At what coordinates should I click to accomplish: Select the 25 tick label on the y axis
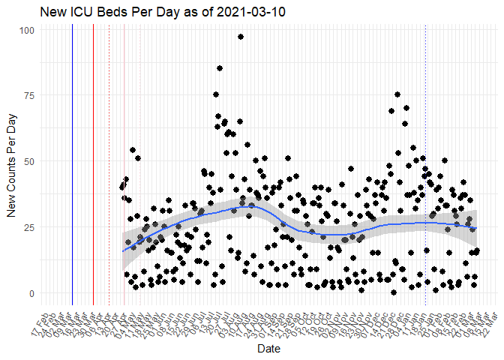pos(28,227)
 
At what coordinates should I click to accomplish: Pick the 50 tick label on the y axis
pos(28,161)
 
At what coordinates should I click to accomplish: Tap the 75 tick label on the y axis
pos(28,95)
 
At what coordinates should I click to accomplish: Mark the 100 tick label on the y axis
pos(26,30)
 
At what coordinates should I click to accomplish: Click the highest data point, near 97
pos(241,37)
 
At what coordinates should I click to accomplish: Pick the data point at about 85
pos(220,68)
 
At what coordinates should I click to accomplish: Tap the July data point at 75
pos(216,94)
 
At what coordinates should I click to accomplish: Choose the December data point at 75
pos(397,94)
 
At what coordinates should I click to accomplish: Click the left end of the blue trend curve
pos(124,250)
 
